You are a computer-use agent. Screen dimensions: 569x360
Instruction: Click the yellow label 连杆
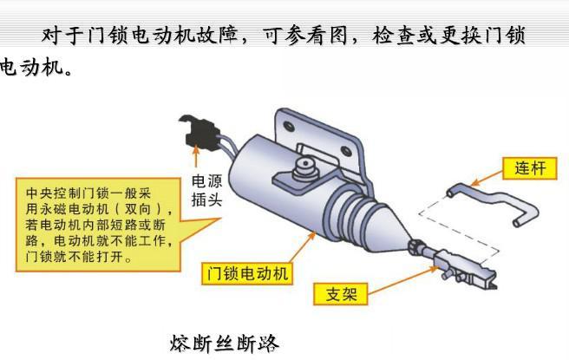click(x=529, y=168)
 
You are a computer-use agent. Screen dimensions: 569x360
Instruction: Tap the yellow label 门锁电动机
click(x=247, y=273)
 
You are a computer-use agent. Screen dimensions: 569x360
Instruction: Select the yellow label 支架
click(x=341, y=293)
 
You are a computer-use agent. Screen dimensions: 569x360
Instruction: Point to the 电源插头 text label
click(x=206, y=191)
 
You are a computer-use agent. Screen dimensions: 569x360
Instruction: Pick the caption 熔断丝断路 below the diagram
click(x=225, y=343)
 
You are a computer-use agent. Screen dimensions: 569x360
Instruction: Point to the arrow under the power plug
click(x=196, y=156)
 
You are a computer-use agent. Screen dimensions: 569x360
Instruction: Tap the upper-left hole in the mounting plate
click(x=289, y=127)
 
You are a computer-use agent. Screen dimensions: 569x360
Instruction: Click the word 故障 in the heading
click(x=216, y=36)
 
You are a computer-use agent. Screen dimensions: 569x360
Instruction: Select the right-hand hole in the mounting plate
click(x=347, y=151)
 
